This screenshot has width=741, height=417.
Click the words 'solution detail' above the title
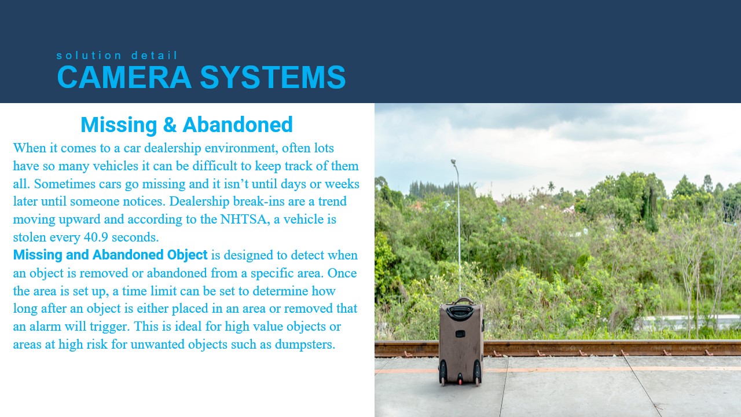coord(117,55)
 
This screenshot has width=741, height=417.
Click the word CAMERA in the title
coord(124,77)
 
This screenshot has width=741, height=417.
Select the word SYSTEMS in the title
coord(273,77)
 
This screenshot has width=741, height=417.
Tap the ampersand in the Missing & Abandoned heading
coord(170,125)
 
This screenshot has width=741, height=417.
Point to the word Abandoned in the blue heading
coord(237,125)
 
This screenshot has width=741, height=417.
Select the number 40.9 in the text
coord(96,237)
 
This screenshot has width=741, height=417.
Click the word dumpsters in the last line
coord(305,345)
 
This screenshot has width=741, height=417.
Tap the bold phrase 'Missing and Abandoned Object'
coord(110,255)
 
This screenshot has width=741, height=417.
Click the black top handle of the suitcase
coord(460,312)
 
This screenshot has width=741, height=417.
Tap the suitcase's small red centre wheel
coord(460,379)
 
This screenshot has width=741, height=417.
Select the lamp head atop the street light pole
coord(453,162)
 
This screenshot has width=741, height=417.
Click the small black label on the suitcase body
coord(460,334)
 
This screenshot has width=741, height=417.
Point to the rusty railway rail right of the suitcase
coord(612,348)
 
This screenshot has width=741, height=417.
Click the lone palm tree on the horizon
coord(551,187)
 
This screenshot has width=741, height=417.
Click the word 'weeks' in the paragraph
coord(342,184)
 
